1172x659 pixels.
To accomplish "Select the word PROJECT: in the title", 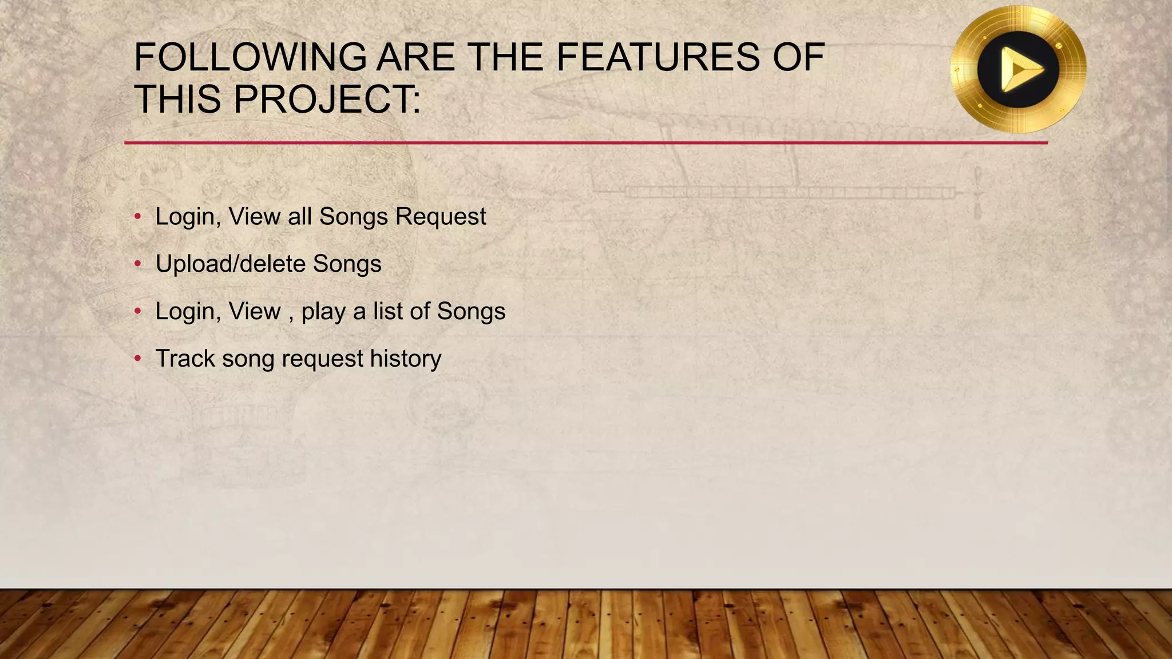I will pos(327,99).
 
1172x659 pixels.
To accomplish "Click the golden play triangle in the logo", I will pos(1021,70).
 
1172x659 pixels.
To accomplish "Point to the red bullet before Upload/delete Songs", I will pos(137,264).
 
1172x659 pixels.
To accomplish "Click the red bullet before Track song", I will pos(137,359).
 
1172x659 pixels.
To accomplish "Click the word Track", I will pos(185,359).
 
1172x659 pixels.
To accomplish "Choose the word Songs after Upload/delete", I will pos(347,264).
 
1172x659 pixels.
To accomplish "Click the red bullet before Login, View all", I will pos(137,216).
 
